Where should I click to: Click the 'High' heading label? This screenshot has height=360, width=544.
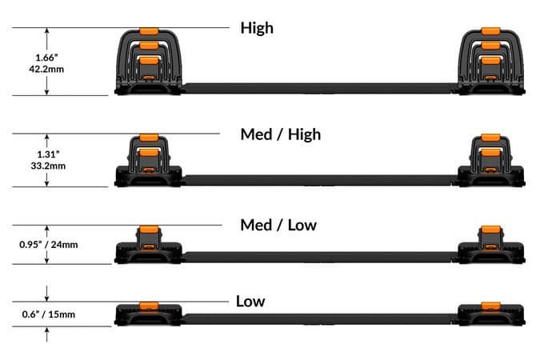tap(257, 28)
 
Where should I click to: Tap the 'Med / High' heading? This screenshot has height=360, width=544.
tap(280, 134)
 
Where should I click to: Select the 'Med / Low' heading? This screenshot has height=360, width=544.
tap(278, 225)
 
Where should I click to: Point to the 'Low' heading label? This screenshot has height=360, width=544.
tap(250, 301)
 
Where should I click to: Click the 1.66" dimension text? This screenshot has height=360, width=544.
tap(46, 58)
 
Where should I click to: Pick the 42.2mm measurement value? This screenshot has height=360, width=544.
tap(46, 69)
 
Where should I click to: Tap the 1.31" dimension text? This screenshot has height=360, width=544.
tap(48, 154)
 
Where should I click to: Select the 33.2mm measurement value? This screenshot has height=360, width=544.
tap(48, 166)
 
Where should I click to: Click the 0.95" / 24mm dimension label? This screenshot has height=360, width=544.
tap(49, 245)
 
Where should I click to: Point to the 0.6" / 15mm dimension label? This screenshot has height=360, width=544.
tap(49, 314)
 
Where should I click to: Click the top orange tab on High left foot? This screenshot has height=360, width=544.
tap(149, 31)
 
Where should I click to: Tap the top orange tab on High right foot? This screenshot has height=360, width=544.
tap(490, 31)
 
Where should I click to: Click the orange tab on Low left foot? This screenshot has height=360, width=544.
tap(149, 306)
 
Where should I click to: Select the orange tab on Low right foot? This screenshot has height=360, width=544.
tap(490, 306)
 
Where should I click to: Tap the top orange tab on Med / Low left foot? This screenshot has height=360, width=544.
tap(149, 230)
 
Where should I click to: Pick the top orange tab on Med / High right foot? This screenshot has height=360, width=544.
tap(490, 138)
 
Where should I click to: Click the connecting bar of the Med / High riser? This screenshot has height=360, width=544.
tap(318, 180)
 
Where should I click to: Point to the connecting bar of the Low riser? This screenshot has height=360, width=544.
tap(318, 319)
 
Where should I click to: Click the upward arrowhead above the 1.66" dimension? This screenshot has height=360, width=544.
tap(47, 31)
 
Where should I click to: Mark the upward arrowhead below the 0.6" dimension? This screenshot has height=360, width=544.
tap(47, 330)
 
